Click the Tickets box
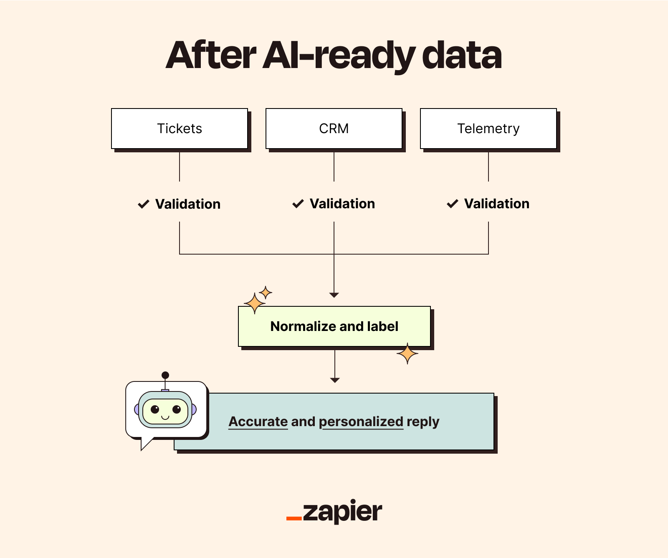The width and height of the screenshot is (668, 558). coord(180,129)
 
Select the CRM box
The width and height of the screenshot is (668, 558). coord(334,129)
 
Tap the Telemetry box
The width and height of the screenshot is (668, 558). coord(488,129)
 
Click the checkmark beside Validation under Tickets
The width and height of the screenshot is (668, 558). coord(144,204)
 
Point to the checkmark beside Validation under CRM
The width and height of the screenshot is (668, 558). coord(298,204)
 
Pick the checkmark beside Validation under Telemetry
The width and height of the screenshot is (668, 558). coord(453,204)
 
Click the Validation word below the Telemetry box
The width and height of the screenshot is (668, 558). coord(497,204)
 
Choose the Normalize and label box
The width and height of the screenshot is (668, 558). coord(334,326)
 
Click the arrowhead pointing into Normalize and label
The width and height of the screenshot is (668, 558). coord(334,295)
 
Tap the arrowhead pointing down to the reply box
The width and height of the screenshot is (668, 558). coord(335,380)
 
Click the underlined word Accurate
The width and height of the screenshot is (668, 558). coord(258,422)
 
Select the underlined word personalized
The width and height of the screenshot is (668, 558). coord(361,422)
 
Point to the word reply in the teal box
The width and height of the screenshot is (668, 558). coord(423,422)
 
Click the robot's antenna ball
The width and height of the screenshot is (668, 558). coord(165,375)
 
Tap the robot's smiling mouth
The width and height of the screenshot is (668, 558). coord(165,417)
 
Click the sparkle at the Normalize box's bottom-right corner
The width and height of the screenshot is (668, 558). coord(407,354)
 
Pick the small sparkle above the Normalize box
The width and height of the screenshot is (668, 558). coord(266,292)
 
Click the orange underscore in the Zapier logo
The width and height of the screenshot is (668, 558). coord(294,518)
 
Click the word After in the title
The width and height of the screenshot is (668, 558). coord(211,56)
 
